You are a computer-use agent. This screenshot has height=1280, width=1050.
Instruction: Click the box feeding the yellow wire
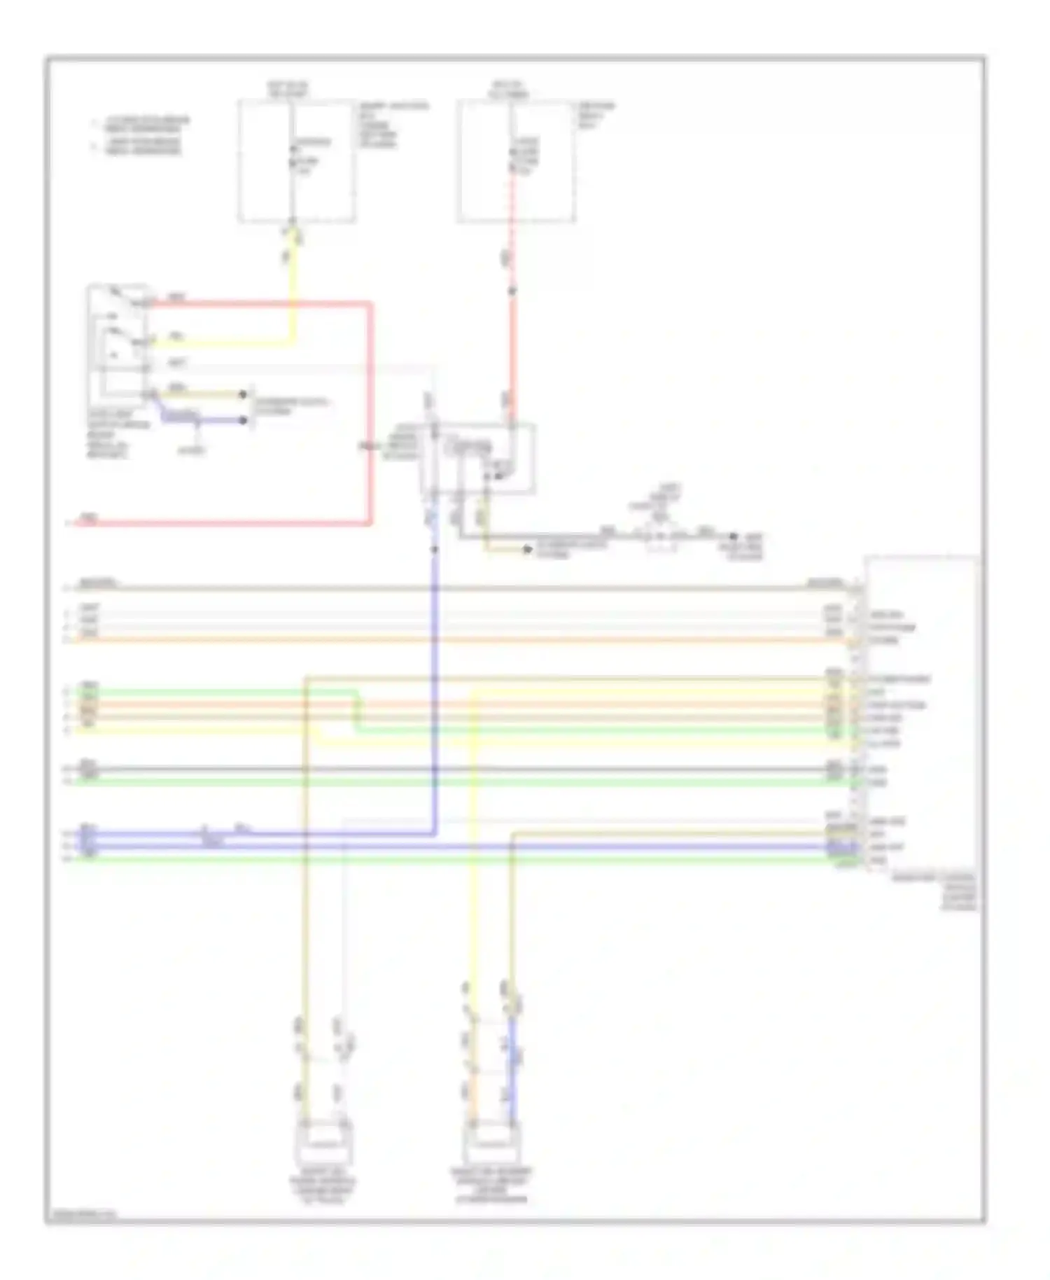[295, 161]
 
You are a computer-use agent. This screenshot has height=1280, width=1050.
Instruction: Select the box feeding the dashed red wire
[517, 161]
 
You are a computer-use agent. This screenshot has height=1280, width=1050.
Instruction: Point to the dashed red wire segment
[512, 231]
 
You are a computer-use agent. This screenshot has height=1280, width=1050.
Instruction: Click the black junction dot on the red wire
[512, 291]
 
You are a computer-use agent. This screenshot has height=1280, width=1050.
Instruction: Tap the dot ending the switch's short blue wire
[244, 420]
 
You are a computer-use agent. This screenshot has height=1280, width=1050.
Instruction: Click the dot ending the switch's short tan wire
[244, 394]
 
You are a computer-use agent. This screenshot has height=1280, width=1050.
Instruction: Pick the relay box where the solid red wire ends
[478, 458]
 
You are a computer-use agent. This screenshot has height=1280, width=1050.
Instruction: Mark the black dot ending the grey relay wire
[734, 537]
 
